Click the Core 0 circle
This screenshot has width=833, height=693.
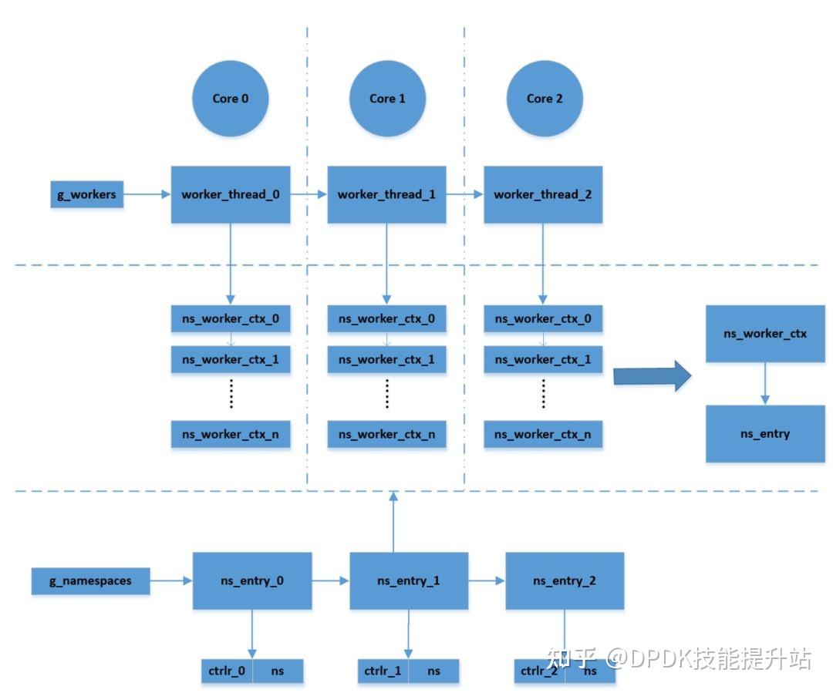click(230, 99)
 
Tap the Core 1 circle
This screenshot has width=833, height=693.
click(387, 99)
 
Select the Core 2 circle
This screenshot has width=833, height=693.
click(545, 99)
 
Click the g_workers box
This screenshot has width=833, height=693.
click(86, 194)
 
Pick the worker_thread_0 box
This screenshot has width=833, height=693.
click(231, 194)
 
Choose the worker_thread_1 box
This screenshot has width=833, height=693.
click(386, 194)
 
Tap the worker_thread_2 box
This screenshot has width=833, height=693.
click(543, 194)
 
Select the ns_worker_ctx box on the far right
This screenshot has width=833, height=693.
click(765, 334)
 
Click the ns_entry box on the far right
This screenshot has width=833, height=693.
click(765, 434)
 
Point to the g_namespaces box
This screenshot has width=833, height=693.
click(90, 580)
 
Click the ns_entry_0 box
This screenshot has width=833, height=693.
click(252, 580)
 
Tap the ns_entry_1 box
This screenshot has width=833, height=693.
click(409, 580)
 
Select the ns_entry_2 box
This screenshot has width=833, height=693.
click(565, 580)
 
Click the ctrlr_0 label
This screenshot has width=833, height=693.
click(227, 671)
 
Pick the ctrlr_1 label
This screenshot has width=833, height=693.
click(383, 671)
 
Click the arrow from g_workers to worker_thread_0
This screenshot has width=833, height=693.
click(147, 194)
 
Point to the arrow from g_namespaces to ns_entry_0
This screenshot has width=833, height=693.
click(170, 580)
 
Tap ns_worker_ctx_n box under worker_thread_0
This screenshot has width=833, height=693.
click(231, 434)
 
